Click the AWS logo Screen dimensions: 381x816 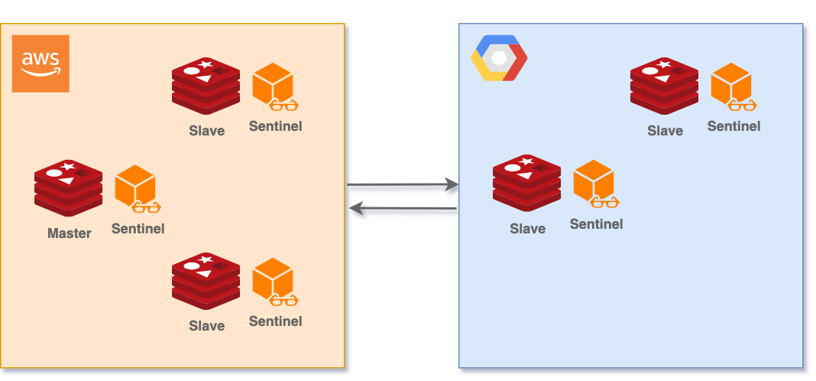(x=40, y=63)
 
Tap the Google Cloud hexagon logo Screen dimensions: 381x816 (x=499, y=58)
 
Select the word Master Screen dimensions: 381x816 (x=69, y=233)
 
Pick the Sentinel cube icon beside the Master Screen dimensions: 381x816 (x=135, y=186)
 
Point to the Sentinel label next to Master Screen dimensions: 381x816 (x=138, y=228)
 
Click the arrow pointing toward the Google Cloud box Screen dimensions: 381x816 (x=403, y=185)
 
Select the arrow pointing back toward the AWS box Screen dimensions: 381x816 (x=403, y=209)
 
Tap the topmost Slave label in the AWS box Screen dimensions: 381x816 (x=206, y=131)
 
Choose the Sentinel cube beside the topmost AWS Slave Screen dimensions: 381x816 (x=273, y=84)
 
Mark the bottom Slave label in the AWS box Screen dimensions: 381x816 (x=206, y=326)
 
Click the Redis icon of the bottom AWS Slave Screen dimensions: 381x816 (x=206, y=281)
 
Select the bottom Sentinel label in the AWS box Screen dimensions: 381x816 (x=275, y=321)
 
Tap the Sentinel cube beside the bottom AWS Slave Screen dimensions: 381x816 (x=273, y=279)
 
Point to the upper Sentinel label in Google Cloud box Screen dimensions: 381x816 (x=733, y=126)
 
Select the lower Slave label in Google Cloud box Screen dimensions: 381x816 (x=527, y=229)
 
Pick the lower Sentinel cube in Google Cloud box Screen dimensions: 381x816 (x=594, y=181)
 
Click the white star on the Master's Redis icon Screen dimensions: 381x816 (x=68, y=166)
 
